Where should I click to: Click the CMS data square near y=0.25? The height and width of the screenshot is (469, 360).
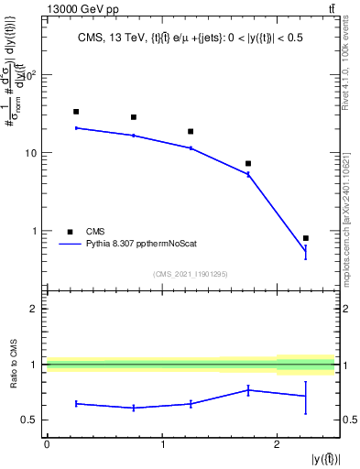[x=76, y=112]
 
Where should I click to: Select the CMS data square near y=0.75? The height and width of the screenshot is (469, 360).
[x=134, y=117]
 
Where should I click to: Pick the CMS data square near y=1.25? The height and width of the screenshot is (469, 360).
[x=191, y=132]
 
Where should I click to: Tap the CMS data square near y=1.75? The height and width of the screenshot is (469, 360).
[x=248, y=164]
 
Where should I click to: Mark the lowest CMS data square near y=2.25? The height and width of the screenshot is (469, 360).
[x=306, y=238]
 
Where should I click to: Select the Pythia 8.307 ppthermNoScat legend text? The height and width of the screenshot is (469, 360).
[x=142, y=245]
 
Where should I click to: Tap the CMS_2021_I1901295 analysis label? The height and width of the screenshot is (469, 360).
[x=191, y=274]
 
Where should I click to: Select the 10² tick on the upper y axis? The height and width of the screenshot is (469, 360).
[x=32, y=74]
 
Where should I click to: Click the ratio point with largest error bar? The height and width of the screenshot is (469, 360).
[x=306, y=396]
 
